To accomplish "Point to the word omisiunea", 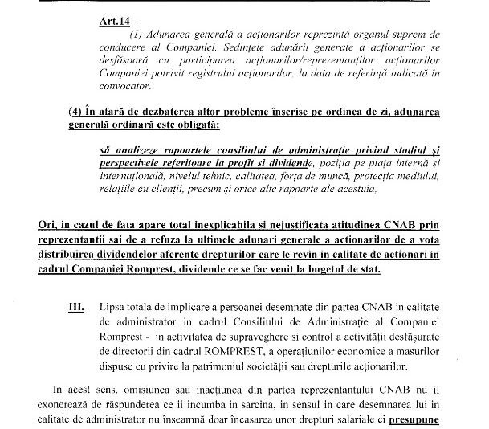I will click(112, 386).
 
